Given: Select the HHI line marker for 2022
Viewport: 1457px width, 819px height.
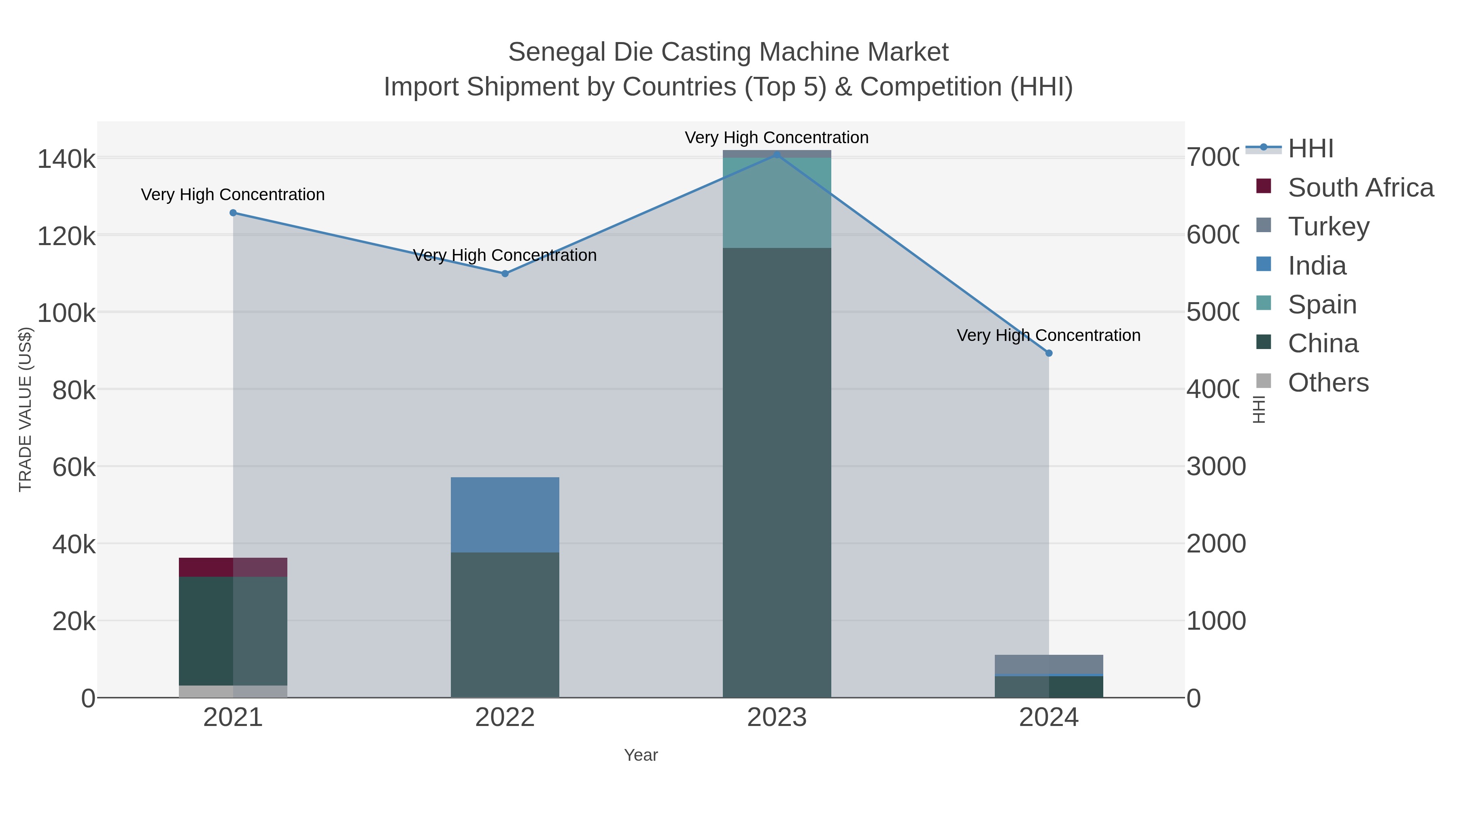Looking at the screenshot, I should [505, 273].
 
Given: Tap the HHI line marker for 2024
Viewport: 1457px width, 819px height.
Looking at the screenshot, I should [1049, 353].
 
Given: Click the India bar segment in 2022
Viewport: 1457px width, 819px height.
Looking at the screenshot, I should [505, 515].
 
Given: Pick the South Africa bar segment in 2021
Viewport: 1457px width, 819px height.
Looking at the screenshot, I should [233, 567].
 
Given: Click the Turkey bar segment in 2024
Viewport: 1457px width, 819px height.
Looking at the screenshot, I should [1049, 665].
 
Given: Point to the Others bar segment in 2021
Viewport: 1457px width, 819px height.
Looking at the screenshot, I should [233, 691].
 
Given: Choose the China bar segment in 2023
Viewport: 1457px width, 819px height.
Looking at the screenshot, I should [777, 472].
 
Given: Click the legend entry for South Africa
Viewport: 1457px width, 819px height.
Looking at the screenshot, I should [1360, 188].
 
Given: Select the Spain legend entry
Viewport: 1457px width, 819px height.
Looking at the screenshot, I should [1322, 305].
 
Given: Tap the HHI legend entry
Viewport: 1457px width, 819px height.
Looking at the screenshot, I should [1310, 149].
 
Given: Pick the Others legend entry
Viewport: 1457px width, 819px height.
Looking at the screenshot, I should [1328, 383].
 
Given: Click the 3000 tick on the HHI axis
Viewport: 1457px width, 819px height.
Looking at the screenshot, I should [1215, 467].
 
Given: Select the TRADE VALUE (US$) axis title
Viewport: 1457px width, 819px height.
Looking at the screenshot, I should [25, 409].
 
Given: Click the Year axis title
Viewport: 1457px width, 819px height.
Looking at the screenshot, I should [641, 755].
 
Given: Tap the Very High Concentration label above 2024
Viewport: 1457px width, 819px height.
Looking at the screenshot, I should [1048, 336].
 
